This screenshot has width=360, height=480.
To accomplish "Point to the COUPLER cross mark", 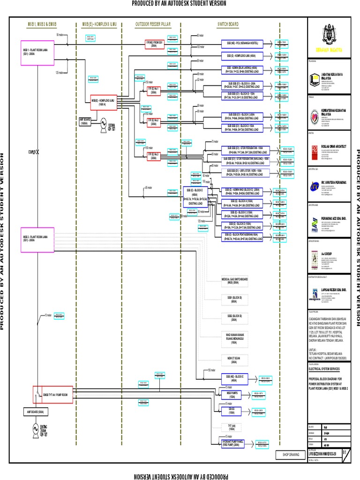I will [x=38, y=151].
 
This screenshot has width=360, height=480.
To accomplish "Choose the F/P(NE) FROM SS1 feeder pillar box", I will [x=153, y=44].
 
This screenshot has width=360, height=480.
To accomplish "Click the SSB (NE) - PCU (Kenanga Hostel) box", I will [x=242, y=44].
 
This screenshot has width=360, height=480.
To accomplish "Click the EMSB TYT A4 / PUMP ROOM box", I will [x=55, y=395].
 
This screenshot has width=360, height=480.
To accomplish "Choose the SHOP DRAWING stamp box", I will [x=290, y=454].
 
